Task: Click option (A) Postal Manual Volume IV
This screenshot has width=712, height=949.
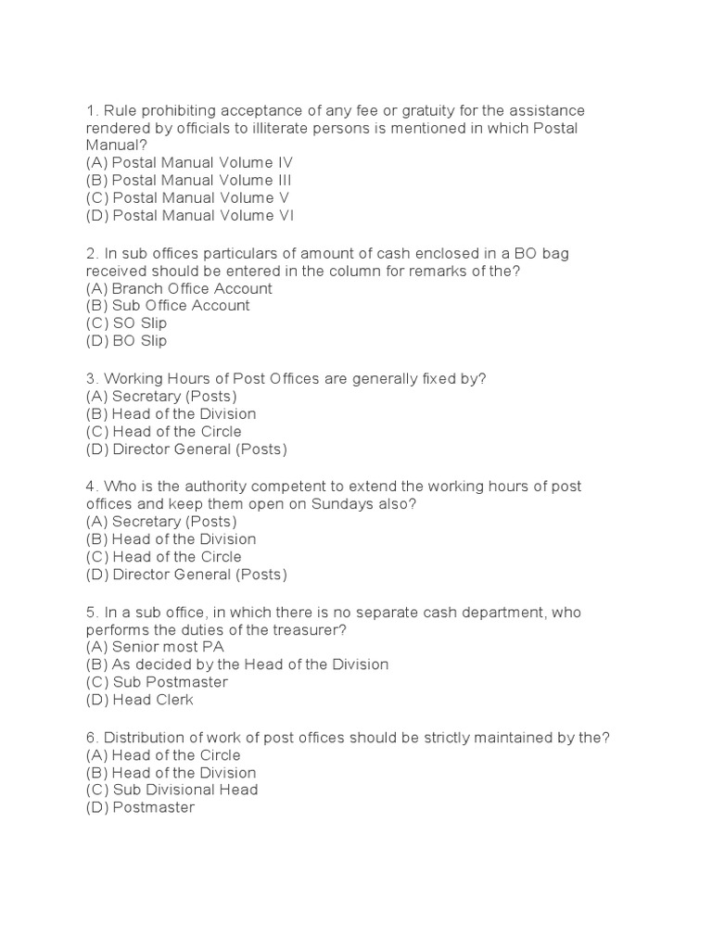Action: click(189, 163)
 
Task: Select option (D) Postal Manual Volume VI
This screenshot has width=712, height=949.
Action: click(189, 216)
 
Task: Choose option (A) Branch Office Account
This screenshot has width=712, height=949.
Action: click(179, 288)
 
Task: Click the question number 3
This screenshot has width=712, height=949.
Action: click(92, 378)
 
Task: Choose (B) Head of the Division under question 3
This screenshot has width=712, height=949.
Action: click(172, 414)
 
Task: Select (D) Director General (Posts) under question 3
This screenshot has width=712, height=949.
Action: click(187, 449)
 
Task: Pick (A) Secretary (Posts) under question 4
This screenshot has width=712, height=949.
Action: click(161, 521)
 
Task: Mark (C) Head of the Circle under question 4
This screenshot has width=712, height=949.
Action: click(164, 557)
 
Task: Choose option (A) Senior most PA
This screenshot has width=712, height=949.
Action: click(156, 647)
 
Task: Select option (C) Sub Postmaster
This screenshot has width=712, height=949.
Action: click(157, 682)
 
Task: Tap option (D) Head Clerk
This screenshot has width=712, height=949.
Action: click(140, 700)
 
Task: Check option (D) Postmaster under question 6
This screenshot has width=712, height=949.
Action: click(141, 807)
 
